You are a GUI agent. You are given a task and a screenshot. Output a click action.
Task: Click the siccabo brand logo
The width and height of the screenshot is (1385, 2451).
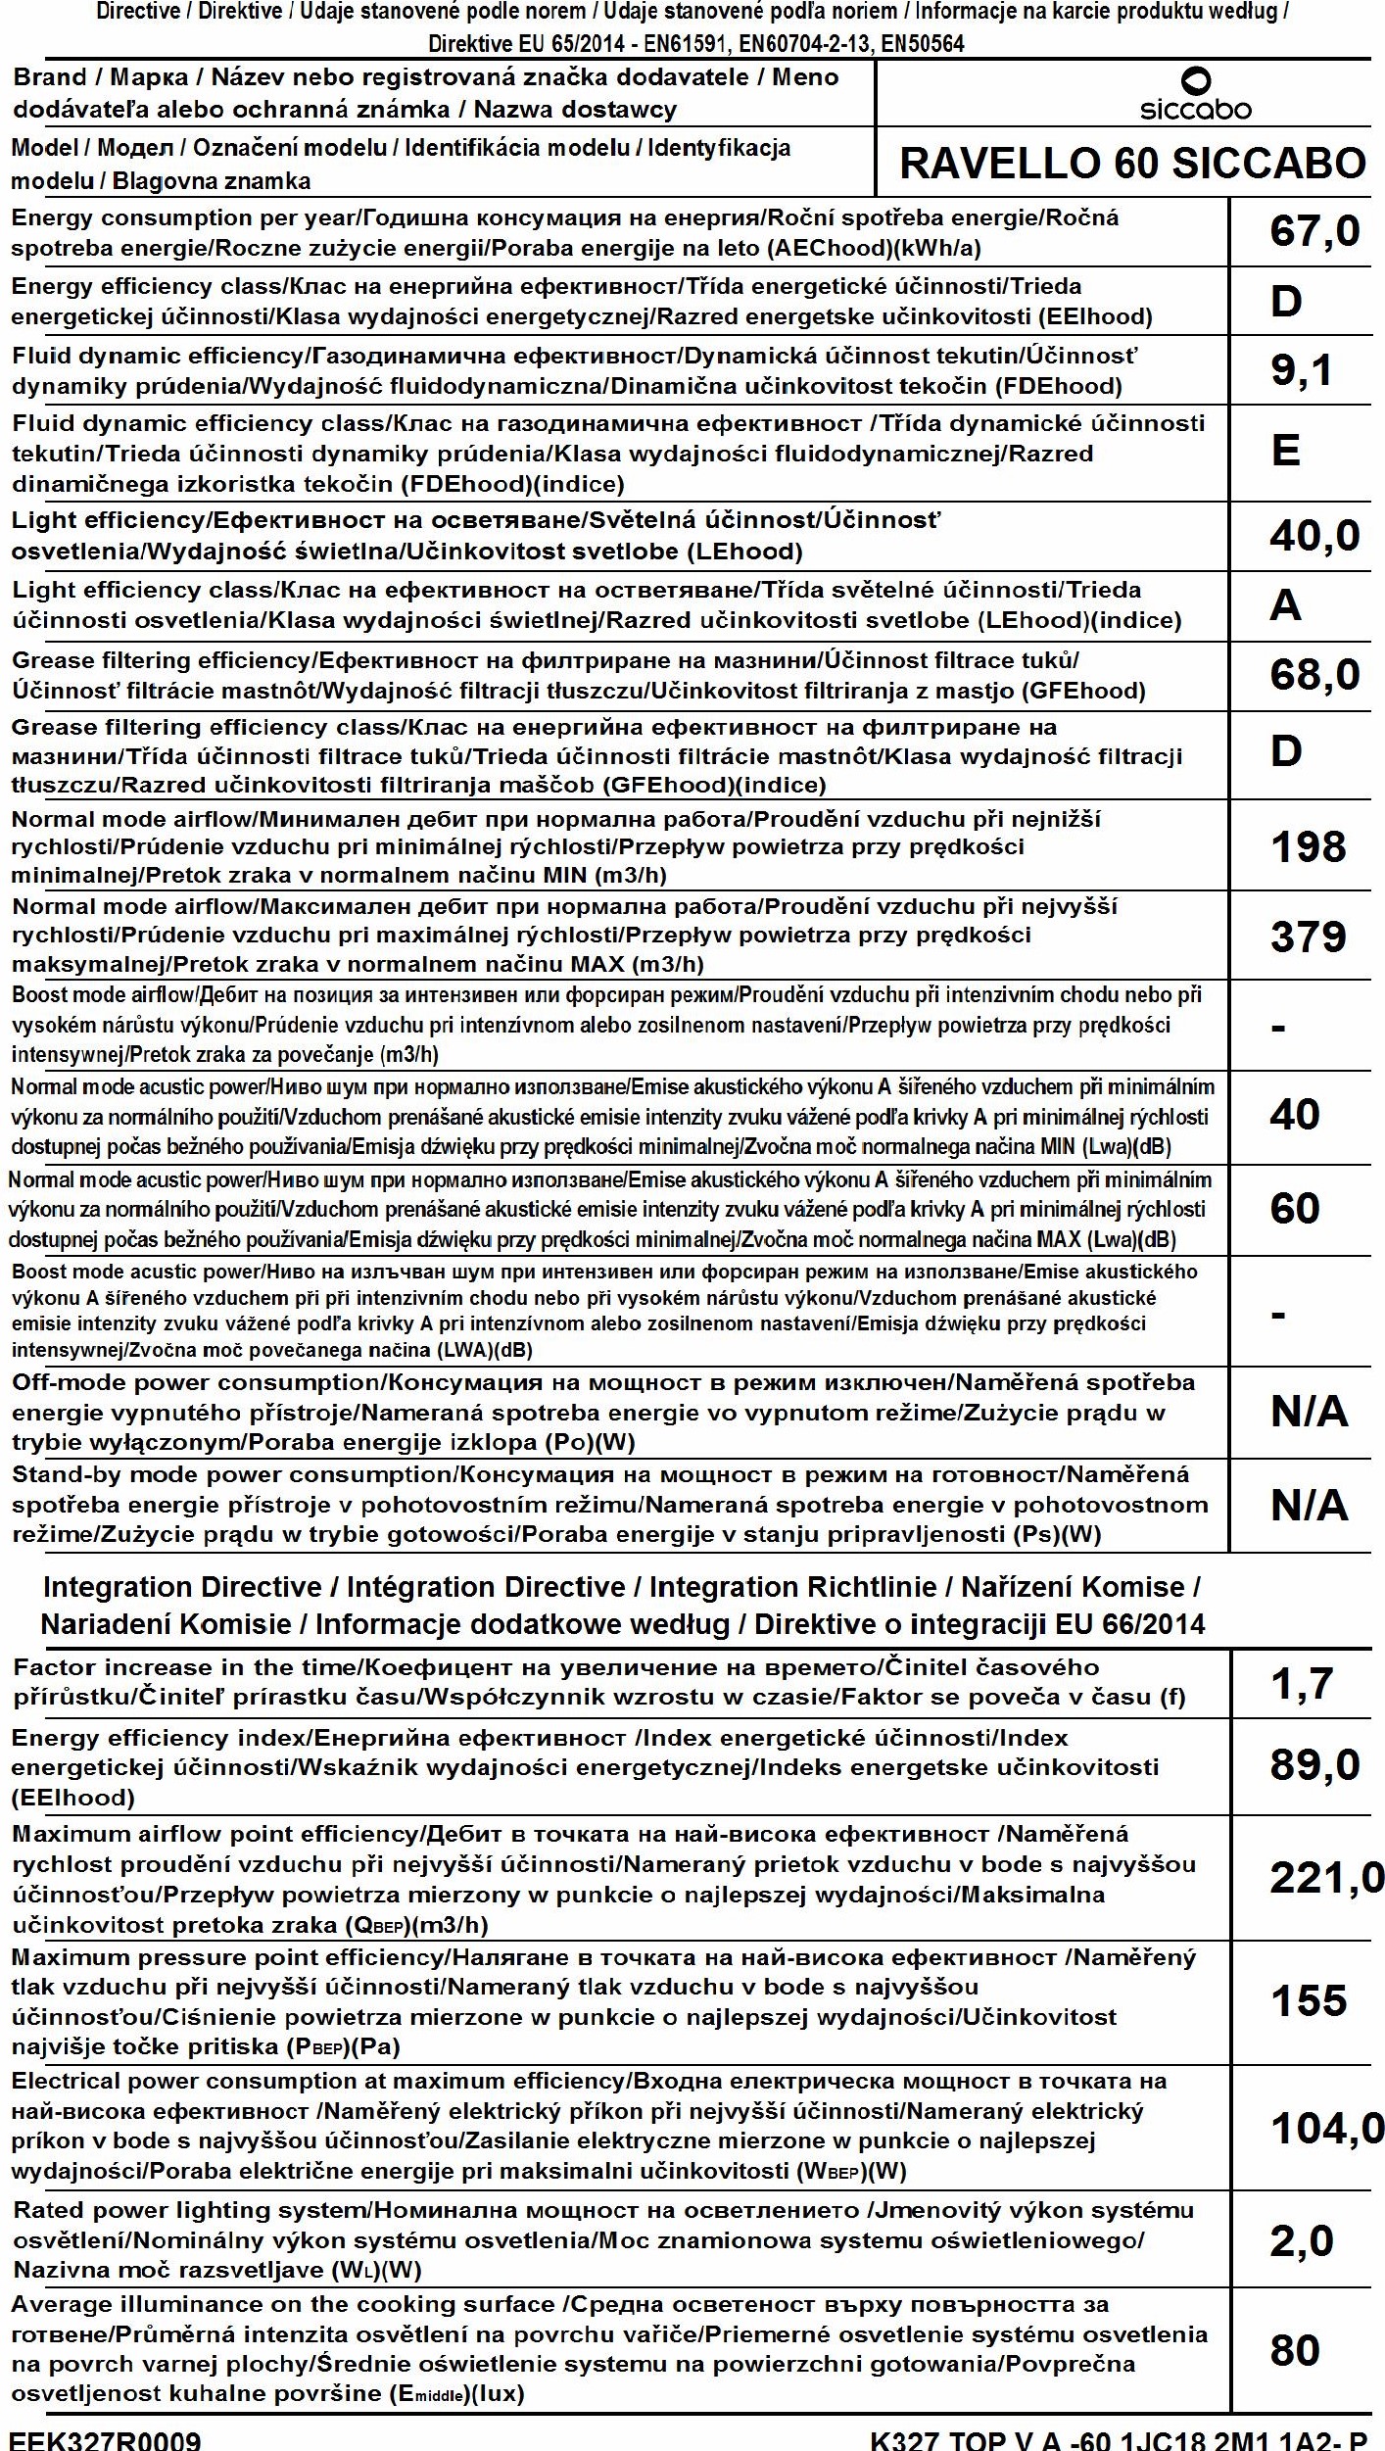(x=1195, y=95)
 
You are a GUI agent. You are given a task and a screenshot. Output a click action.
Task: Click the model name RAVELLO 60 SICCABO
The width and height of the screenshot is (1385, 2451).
(x=1132, y=163)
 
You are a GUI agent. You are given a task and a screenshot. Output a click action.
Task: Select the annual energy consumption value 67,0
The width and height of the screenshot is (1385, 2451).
(x=1314, y=232)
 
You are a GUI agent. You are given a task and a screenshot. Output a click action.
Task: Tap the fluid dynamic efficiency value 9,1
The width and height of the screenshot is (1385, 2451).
(x=1301, y=370)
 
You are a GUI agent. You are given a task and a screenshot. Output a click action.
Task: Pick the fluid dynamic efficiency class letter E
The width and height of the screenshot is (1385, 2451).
(x=1285, y=452)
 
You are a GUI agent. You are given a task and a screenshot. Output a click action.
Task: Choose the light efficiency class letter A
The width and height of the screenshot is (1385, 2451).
(x=1285, y=606)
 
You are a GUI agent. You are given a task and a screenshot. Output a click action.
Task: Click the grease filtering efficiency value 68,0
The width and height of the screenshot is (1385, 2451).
(x=1314, y=675)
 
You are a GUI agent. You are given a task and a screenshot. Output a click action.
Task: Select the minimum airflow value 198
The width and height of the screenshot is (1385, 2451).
(x=1308, y=847)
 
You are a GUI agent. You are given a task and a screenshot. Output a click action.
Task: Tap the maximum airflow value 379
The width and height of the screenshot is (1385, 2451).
(x=1308, y=937)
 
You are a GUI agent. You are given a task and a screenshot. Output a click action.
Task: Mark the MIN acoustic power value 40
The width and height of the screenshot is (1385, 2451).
(x=1294, y=1115)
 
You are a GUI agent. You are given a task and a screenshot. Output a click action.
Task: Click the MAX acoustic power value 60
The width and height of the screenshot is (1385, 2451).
(x=1294, y=1209)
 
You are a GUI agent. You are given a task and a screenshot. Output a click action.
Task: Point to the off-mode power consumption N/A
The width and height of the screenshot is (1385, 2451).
(x=1309, y=1412)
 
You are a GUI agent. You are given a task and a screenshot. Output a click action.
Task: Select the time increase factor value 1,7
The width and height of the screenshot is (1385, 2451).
(x=1301, y=1684)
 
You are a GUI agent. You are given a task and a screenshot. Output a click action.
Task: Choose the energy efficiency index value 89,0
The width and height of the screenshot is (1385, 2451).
(x=1314, y=1765)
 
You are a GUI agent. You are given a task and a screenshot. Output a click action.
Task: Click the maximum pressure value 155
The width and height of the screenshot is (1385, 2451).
(x=1308, y=2001)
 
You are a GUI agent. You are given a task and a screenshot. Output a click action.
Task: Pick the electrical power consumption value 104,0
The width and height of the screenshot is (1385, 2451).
(x=1326, y=2128)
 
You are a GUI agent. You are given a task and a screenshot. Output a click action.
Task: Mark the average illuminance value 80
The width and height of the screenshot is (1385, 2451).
(x=1294, y=2350)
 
